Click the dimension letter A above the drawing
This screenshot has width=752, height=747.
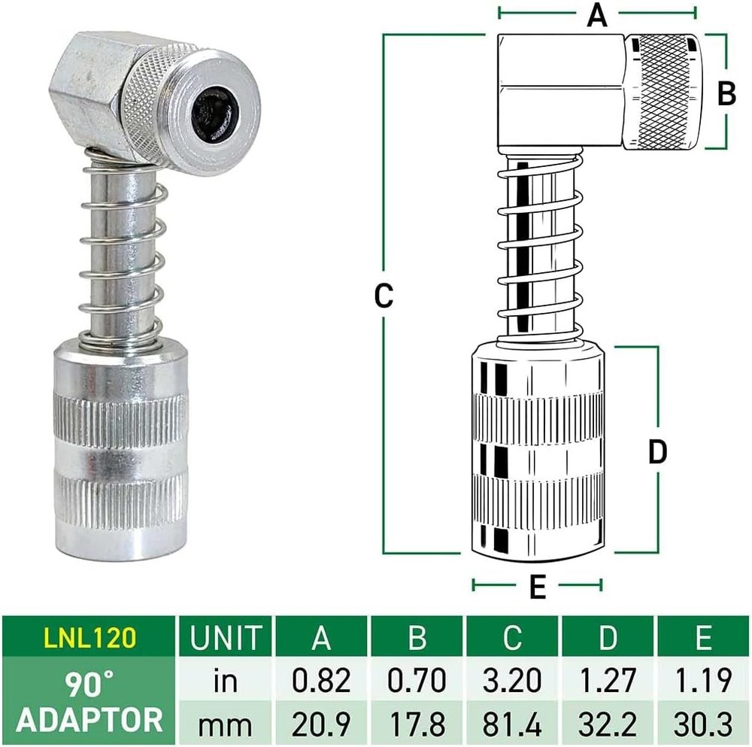596,14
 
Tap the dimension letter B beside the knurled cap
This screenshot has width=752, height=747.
726,93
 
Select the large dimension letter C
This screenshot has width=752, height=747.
384,296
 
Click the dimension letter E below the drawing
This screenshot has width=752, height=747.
537,588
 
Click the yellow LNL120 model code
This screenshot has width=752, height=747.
89,638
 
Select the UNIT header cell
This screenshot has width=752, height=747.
225,638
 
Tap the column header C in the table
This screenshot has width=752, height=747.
513,638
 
